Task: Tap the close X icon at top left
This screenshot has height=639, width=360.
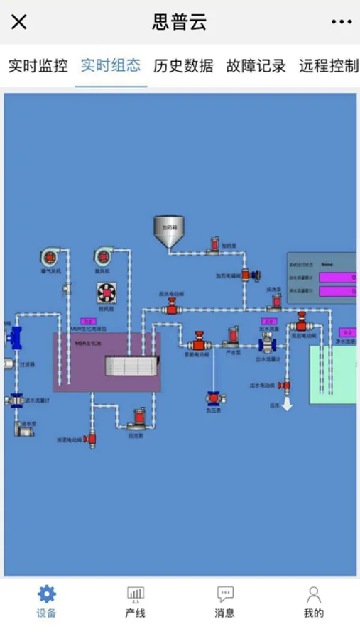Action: (x=19, y=22)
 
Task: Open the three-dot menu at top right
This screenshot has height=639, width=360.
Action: (x=342, y=22)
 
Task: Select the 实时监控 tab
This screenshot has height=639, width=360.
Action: (x=38, y=66)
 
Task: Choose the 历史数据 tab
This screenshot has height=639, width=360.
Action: (x=183, y=66)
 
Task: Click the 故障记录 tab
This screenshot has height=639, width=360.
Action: (x=256, y=66)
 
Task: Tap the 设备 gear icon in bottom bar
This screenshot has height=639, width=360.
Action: (x=47, y=594)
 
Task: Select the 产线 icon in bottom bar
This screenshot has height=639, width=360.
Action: (x=135, y=594)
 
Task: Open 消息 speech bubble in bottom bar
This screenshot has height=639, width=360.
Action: (x=225, y=594)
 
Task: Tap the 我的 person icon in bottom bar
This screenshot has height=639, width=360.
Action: (x=314, y=594)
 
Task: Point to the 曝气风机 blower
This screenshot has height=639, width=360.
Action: (x=52, y=257)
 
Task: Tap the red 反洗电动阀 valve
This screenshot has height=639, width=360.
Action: (x=172, y=306)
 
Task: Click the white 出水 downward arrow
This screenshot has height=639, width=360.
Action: (x=288, y=403)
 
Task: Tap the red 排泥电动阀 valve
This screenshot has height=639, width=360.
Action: (x=90, y=439)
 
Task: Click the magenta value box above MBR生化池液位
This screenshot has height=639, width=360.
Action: (x=88, y=322)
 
